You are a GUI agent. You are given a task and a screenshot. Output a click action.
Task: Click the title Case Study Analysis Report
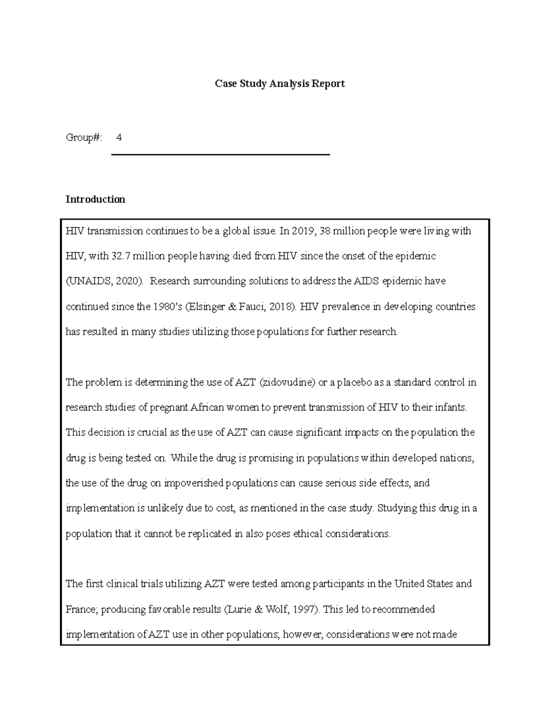pos(280,84)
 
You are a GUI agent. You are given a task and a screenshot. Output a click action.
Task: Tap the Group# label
pos(84,138)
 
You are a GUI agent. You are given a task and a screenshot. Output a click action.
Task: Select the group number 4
pos(119,138)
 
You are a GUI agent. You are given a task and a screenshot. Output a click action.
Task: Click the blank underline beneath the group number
pos(220,154)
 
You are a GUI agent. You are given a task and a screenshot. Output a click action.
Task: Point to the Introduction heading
pos(95,200)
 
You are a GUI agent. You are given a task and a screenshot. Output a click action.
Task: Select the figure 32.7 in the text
pos(121,256)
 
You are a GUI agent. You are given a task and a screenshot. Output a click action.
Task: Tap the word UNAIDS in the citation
pos(89,282)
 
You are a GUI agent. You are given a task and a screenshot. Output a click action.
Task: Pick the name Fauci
pos(254,307)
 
